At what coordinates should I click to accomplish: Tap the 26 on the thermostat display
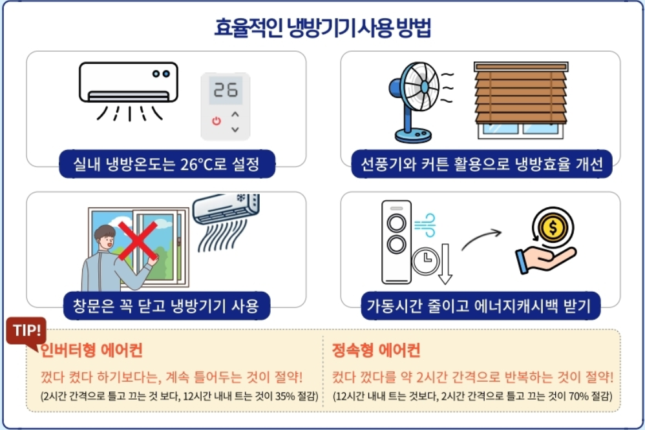coord(226,90)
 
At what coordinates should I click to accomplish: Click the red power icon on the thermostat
coord(216,121)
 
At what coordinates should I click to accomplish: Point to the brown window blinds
coord(520,93)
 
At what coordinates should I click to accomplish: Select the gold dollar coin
coord(555,227)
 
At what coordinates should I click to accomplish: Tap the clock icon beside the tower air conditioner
coord(425,261)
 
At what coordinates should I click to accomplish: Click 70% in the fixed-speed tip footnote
coord(573,396)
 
